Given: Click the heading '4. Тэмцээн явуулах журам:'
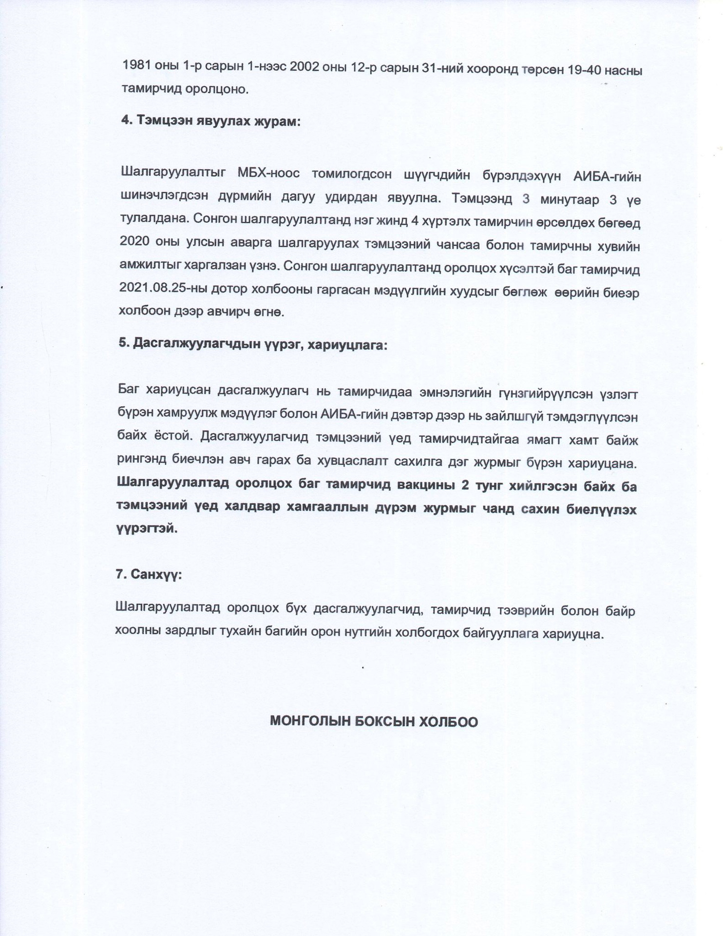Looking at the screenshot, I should [211, 120].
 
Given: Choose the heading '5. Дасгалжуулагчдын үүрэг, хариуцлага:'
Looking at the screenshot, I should [252, 344].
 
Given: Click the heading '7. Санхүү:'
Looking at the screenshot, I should [149, 574].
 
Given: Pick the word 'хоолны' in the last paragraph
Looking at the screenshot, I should [139, 634].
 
